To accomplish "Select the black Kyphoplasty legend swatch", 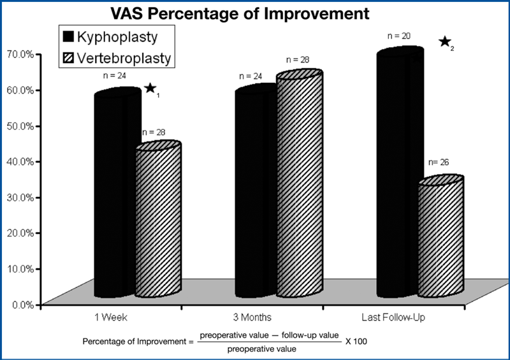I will pyautogui.click(x=68, y=36).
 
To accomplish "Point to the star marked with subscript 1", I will pyautogui.click(x=150, y=88).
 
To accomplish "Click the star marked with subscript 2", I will pyautogui.click(x=444, y=42).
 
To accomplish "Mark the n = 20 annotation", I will pyautogui.click(x=400, y=36).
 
